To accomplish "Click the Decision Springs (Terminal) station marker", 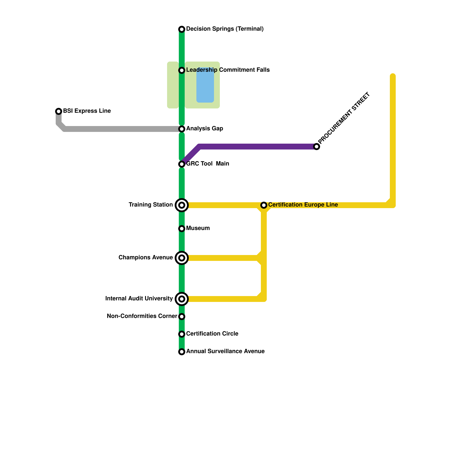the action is [182, 29].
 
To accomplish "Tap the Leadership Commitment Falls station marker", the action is [182, 70].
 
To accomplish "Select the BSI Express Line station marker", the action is [59, 111].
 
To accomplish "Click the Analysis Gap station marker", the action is [182, 129].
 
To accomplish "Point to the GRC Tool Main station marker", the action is [182, 164].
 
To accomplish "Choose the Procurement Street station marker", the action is [317, 147].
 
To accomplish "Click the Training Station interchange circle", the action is [182, 205].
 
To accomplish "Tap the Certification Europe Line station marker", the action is [264, 205].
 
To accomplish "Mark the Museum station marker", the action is [182, 229].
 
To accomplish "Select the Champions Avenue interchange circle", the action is [182, 258].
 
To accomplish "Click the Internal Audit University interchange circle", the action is [182, 299].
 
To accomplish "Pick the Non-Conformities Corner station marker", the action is [182, 317].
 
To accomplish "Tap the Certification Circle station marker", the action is [182, 334].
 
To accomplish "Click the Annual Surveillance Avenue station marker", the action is [182, 352].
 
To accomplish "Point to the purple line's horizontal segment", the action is [258, 147].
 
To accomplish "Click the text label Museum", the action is [198, 228].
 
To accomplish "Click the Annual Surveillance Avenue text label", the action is [225, 351].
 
